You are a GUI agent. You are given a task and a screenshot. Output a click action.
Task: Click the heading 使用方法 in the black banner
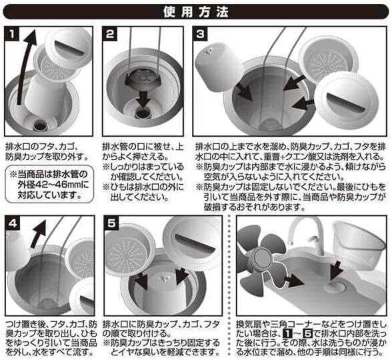(196, 12)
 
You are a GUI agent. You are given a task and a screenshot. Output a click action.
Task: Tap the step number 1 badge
(12, 34)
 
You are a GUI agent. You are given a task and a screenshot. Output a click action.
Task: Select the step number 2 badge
(110, 34)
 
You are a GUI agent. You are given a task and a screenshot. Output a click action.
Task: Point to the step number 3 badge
(200, 34)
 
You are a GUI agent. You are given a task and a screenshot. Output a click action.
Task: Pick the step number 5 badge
(112, 223)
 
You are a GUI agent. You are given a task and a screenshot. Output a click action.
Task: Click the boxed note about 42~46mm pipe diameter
(49, 184)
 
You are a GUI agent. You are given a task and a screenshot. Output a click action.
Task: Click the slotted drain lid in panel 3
(346, 103)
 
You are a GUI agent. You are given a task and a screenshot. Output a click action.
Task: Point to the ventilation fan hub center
(261, 259)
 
